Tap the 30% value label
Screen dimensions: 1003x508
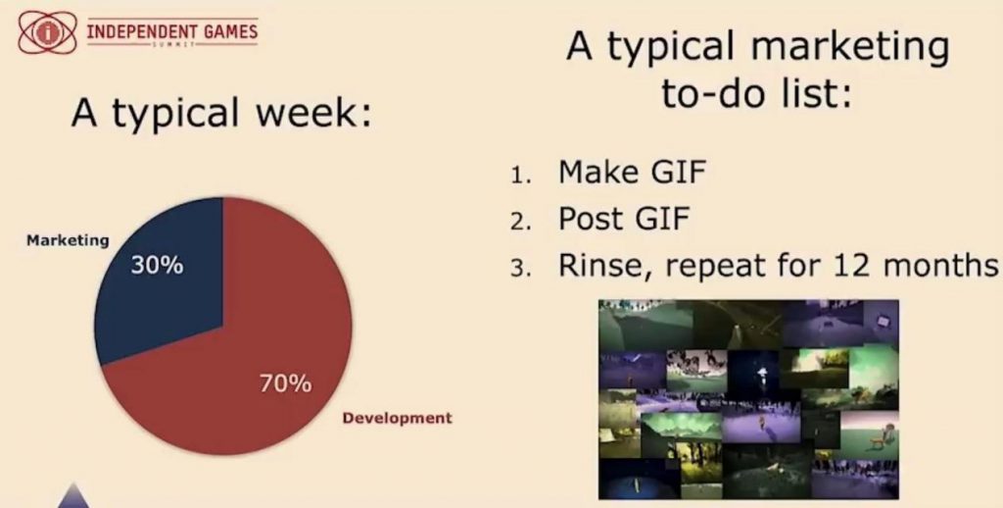(158, 265)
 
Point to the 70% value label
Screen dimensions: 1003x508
(286, 383)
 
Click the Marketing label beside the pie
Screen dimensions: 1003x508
(68, 241)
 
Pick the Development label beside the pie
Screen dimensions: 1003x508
(398, 419)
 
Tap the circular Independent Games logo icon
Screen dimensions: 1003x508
(43, 32)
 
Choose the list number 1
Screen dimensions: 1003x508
(520, 175)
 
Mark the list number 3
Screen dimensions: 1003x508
(520, 269)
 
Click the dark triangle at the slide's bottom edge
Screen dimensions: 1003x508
(74, 498)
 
